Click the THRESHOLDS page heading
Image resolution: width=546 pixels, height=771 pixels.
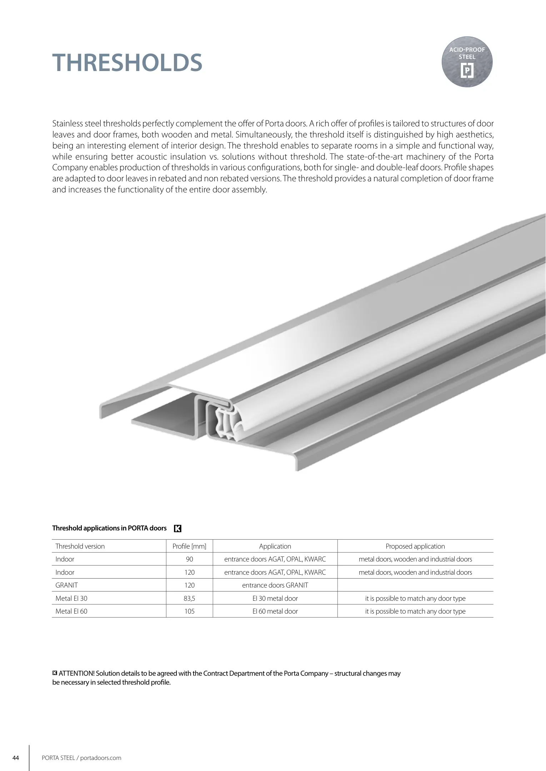[x=127, y=63]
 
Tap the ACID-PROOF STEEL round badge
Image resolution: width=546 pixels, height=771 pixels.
[x=467, y=62]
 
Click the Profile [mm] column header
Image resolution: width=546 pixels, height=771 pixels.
[x=189, y=546]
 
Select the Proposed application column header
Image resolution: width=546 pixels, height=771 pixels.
[x=415, y=546]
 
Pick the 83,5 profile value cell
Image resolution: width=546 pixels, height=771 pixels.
[x=189, y=598]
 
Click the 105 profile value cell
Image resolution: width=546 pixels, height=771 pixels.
[x=189, y=611]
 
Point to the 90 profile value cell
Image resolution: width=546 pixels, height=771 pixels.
[x=189, y=559]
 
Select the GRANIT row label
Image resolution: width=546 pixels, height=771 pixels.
[x=66, y=585]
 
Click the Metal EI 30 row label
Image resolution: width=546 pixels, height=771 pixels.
[x=71, y=598]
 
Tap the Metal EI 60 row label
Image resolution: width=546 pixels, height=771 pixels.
[x=71, y=611]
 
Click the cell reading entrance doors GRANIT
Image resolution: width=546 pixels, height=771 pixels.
[x=275, y=585]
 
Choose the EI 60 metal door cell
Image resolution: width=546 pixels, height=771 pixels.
[x=275, y=611]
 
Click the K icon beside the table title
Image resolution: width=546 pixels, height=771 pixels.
[x=177, y=529]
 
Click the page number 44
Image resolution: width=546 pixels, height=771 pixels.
[x=15, y=758]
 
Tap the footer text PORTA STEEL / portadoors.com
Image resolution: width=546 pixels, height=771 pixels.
[x=81, y=758]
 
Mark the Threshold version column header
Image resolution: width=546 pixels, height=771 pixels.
[x=80, y=546]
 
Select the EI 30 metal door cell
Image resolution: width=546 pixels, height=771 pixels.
[x=275, y=598]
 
